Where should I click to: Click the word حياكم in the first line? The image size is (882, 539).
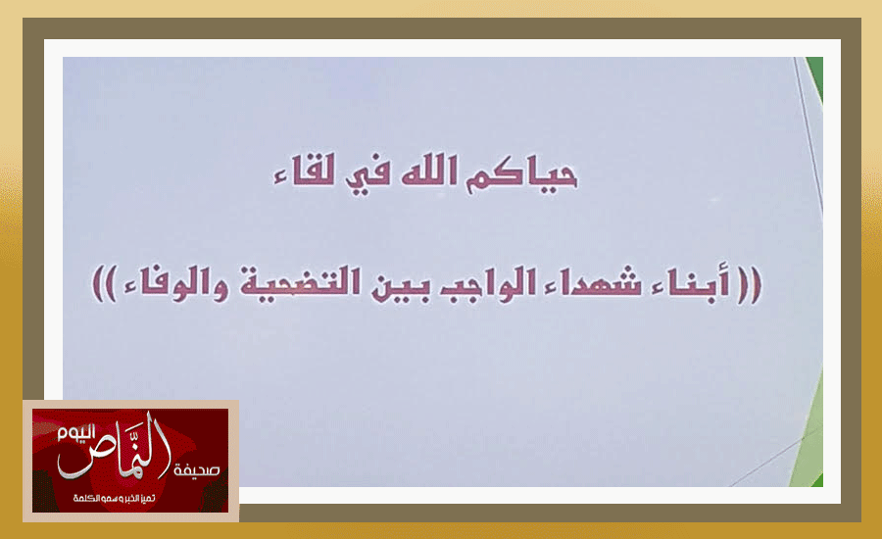pos(521,175)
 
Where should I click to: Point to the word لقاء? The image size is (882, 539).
pos(304,170)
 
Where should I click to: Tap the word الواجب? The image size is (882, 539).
pos(478,284)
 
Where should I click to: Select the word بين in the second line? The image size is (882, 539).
pos(401,285)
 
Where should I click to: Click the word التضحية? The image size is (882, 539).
pos(300,283)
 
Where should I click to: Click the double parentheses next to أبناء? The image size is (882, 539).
pos(750,285)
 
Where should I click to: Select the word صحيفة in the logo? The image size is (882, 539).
pos(196,469)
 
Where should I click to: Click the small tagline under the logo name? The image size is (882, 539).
pos(114,499)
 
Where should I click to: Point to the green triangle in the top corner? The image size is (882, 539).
pos(815,76)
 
